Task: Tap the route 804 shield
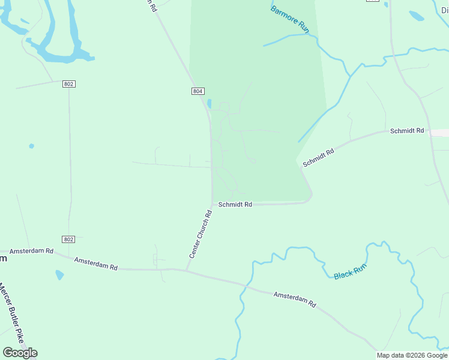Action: tap(198, 91)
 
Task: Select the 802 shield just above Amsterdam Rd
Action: tap(68, 239)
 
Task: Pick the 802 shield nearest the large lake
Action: tap(68, 84)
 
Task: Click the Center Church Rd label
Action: tap(201, 234)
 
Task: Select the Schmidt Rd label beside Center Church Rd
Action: tap(235, 205)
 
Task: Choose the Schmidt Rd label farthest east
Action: tap(407, 130)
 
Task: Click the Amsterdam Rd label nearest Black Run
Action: tap(294, 299)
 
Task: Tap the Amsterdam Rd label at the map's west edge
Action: tap(31, 250)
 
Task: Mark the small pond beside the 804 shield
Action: tap(209, 103)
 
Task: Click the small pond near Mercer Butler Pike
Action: tap(59, 275)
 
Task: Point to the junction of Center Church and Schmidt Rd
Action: tap(212, 204)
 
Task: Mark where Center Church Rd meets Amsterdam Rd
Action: tap(186, 270)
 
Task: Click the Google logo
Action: tap(20, 352)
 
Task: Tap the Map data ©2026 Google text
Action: tap(412, 355)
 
